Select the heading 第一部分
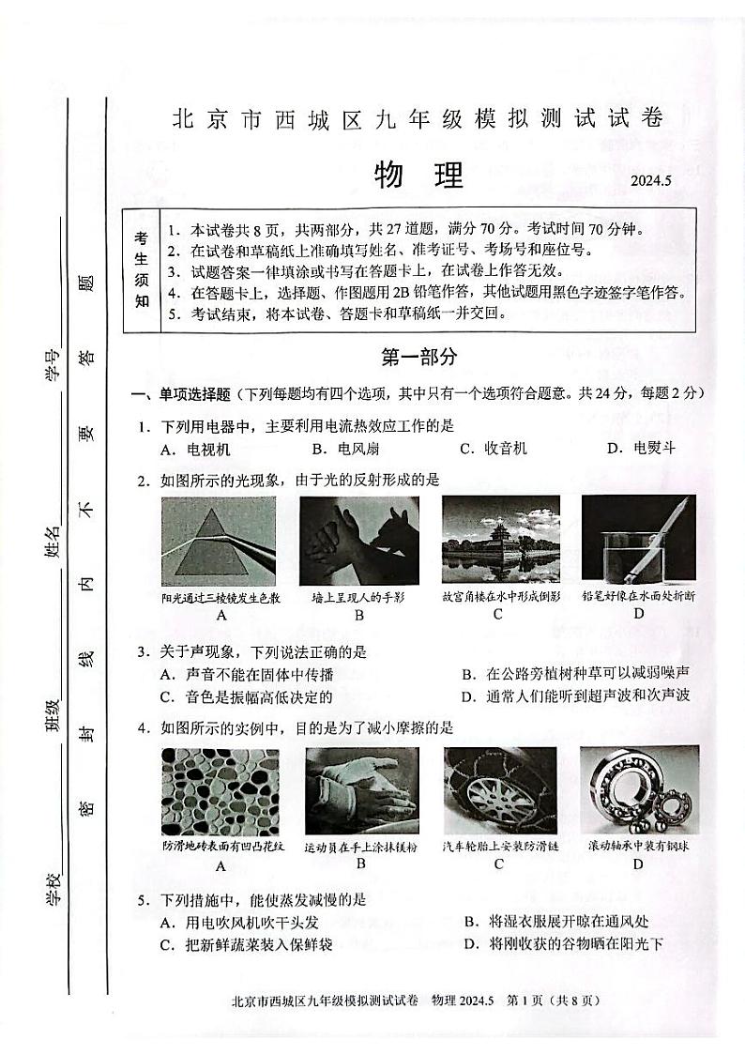coord(419,357)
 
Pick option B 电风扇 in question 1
coord(343,449)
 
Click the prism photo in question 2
coord(220,541)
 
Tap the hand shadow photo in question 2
coord(358,541)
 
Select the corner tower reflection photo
coord(500,541)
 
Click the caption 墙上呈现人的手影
coord(358,597)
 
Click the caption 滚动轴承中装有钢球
coord(638,846)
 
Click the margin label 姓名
coord(53,541)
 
